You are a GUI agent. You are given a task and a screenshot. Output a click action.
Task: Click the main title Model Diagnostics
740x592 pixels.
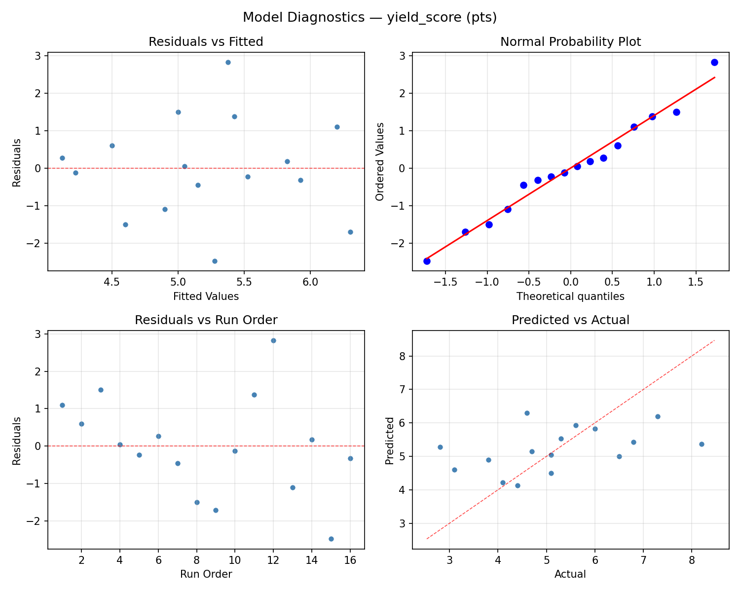tap(370, 17)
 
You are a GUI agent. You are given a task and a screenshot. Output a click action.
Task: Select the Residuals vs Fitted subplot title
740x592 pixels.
tap(206, 42)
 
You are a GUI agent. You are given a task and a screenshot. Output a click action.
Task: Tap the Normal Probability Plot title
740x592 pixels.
tap(570, 42)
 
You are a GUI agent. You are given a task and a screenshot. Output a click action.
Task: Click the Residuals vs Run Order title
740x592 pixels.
tap(206, 320)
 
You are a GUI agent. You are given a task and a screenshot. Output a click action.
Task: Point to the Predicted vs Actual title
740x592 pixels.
tap(570, 320)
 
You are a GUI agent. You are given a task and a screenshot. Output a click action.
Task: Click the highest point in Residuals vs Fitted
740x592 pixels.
tap(228, 62)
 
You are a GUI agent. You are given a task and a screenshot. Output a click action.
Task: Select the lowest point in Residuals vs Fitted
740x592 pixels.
tap(215, 261)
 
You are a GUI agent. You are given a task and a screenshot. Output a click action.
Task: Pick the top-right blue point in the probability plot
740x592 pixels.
tap(714, 62)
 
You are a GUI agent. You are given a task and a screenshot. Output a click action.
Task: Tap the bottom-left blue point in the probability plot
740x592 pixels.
tap(427, 261)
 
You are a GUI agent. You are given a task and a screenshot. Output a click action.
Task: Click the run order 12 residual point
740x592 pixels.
tap(273, 340)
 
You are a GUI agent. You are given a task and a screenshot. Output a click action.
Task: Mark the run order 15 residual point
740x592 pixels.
tap(331, 539)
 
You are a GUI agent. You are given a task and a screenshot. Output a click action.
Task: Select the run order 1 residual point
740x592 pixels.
tap(62, 405)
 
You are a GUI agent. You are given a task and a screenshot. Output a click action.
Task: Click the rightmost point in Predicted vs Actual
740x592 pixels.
tap(702, 444)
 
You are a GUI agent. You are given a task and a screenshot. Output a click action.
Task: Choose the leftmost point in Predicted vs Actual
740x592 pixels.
tap(440, 447)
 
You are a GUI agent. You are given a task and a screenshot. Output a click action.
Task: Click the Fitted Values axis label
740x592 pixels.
tap(206, 296)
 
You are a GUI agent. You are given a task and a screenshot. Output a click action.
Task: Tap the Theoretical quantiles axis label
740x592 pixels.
tap(570, 296)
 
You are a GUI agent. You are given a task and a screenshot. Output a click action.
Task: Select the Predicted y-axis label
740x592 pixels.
tap(390, 441)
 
